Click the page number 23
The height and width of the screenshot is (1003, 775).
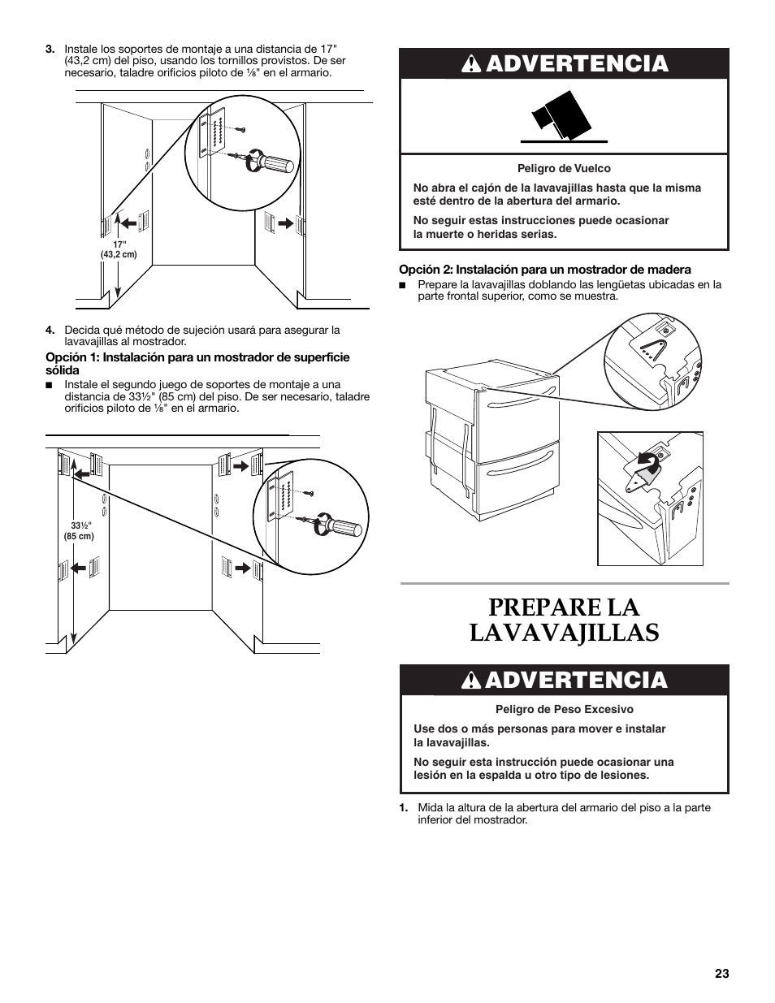722,975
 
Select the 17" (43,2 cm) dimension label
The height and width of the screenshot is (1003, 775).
119,249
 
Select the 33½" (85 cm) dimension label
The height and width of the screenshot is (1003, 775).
79,530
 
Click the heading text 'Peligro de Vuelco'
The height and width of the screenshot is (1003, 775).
564,169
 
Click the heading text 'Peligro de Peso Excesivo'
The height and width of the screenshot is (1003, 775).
564,709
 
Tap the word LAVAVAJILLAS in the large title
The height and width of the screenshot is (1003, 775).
564,633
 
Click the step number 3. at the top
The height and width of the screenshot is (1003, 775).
50,48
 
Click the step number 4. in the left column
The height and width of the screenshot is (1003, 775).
50,330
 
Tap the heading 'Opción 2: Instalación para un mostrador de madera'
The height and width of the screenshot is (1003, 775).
544,270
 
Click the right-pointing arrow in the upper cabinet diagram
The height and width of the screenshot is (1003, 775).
284,220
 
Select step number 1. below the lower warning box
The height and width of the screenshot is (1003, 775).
403,807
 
